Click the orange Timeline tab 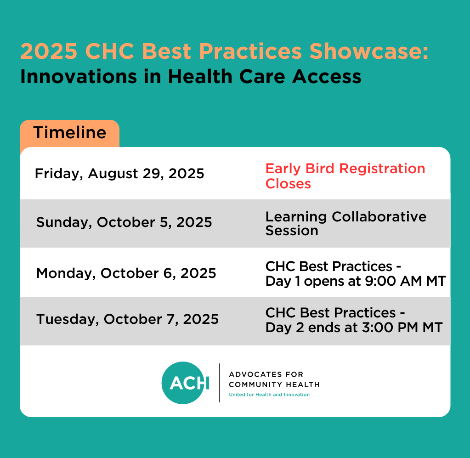(69, 133)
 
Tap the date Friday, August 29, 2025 (119, 174)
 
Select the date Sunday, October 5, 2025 (124, 222)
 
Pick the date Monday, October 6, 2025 (126, 273)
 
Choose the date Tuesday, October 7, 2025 (127, 319)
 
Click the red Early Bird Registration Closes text (345, 176)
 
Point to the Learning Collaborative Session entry (346, 224)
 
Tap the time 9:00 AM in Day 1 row (393, 281)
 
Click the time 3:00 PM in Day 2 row (390, 328)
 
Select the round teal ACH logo (183, 383)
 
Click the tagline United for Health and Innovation (269, 395)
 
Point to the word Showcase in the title (369, 51)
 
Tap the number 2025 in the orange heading (49, 51)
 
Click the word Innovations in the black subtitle (79, 76)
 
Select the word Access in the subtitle (327, 77)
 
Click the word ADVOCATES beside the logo (255, 374)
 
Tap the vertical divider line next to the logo (220, 383)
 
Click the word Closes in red (288, 183)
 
